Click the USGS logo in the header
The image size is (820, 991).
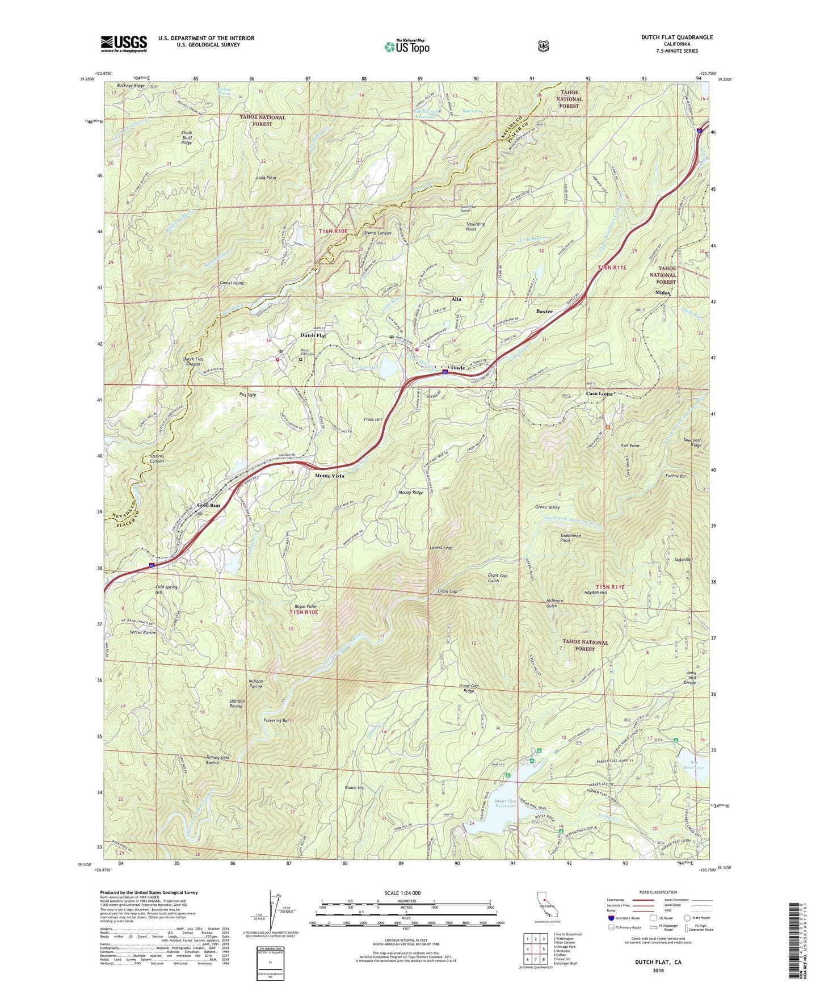[124, 43]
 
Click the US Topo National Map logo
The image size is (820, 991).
[406, 46]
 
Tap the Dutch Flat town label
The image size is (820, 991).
[313, 335]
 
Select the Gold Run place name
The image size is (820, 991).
[208, 505]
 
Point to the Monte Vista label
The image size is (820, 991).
[330, 476]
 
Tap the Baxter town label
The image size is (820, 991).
[544, 312]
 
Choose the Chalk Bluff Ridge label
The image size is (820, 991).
[186, 137]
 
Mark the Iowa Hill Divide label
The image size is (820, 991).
[689, 678]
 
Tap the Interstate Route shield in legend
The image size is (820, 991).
[611, 918]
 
